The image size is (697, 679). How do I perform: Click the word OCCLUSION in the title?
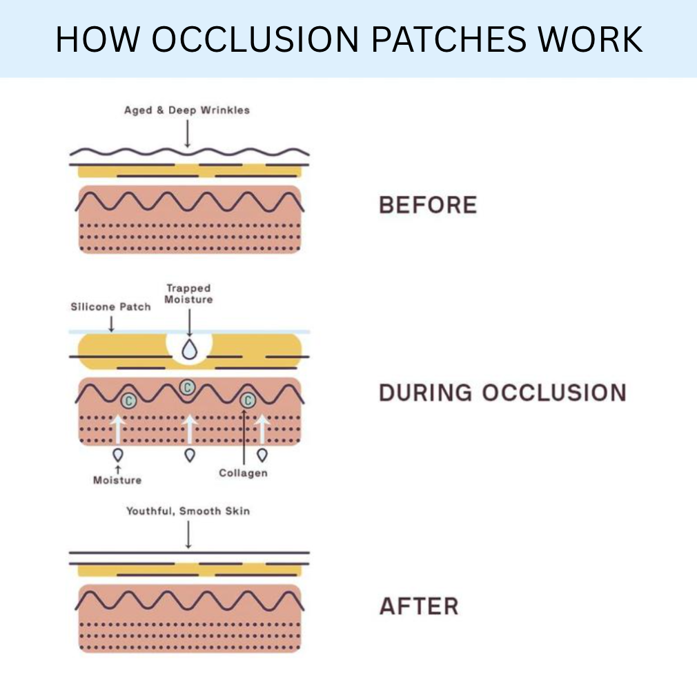(x=255, y=39)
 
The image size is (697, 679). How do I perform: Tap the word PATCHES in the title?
(x=436, y=39)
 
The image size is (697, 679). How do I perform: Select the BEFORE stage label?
(x=428, y=205)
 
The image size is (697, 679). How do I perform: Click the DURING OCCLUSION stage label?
(x=502, y=393)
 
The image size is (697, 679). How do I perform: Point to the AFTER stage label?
(x=419, y=607)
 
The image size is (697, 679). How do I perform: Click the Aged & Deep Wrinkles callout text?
(x=186, y=110)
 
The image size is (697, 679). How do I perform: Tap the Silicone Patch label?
(x=110, y=306)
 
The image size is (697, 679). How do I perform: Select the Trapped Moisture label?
(x=188, y=294)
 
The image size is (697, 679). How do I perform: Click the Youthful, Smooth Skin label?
(x=188, y=511)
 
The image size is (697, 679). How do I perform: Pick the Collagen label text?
(x=243, y=473)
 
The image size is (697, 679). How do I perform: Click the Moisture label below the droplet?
(x=117, y=480)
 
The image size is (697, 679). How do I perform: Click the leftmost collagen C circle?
(x=128, y=400)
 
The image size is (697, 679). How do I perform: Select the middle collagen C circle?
(x=186, y=388)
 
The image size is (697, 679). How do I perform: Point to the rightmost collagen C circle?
(x=247, y=400)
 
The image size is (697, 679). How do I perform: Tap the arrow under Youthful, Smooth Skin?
(x=188, y=535)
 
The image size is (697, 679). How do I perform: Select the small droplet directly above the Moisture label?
(x=117, y=455)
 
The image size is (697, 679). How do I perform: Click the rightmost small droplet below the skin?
(x=262, y=455)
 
